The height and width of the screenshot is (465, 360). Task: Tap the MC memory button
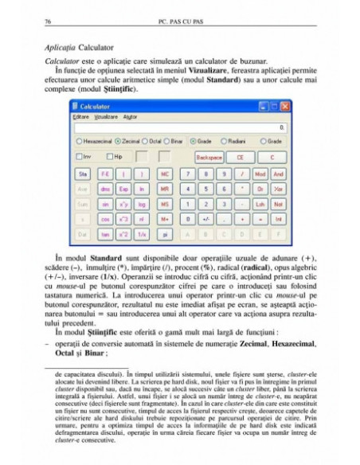(165, 173)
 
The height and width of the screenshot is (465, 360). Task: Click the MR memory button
(165, 189)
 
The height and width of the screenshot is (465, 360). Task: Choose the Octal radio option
(153, 141)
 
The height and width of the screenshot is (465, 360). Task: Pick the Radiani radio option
(232, 141)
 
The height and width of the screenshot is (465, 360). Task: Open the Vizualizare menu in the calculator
(105, 116)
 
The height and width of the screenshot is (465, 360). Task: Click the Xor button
(278, 189)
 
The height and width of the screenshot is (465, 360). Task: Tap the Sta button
(81, 173)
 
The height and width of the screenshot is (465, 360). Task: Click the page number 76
(49, 21)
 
